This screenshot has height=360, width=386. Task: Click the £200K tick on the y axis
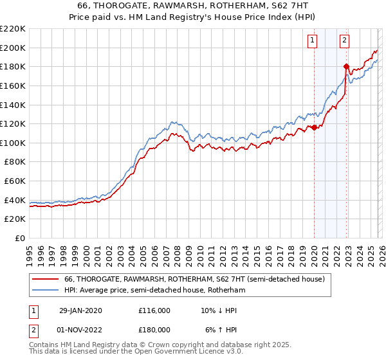13,48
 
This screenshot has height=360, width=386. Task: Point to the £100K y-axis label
13,143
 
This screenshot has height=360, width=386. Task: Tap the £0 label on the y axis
20,239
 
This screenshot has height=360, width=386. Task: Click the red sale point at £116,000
314,127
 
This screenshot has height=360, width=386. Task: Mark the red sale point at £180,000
346,66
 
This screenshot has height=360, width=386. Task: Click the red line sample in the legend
46,280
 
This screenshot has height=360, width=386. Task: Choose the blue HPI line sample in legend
46,291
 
